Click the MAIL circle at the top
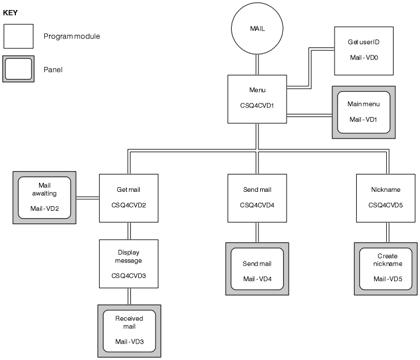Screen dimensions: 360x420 pyautogui.click(x=257, y=30)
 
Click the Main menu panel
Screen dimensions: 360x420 pyautogui.click(x=364, y=112)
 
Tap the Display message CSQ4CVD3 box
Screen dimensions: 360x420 pyautogui.click(x=128, y=264)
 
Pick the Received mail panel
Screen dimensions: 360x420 pyautogui.click(x=129, y=331)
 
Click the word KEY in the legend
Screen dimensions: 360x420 pyautogui.click(x=11, y=13)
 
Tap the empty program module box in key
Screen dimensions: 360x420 pyautogui.click(x=18, y=36)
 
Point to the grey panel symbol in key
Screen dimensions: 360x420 pyautogui.click(x=18, y=69)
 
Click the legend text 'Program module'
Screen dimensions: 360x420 pyautogui.click(x=72, y=37)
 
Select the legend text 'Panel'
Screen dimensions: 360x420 pyautogui.click(x=53, y=70)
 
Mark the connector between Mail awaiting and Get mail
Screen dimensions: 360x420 pyautogui.click(x=88, y=198)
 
